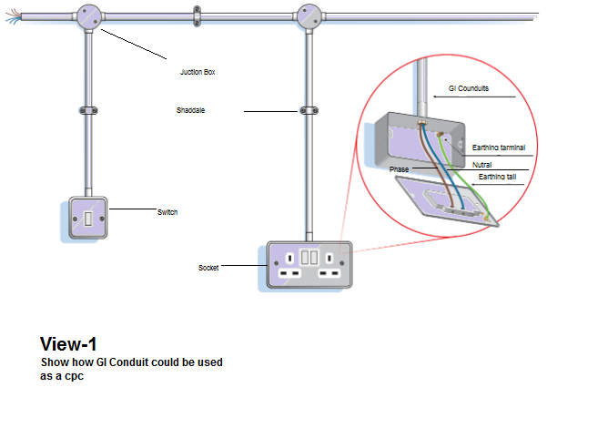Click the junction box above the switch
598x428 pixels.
coord(88,16)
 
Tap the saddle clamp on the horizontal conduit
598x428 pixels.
coord(196,15)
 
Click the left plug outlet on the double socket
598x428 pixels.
coord(292,271)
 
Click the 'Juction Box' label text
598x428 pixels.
coord(197,71)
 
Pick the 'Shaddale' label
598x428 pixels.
coord(191,111)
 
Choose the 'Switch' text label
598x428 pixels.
coord(167,212)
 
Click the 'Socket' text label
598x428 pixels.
coord(208,268)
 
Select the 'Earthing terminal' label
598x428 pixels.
coord(499,147)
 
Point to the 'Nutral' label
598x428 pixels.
coord(481,165)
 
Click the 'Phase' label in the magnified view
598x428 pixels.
coord(400,169)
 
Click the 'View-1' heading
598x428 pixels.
coord(68,344)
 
